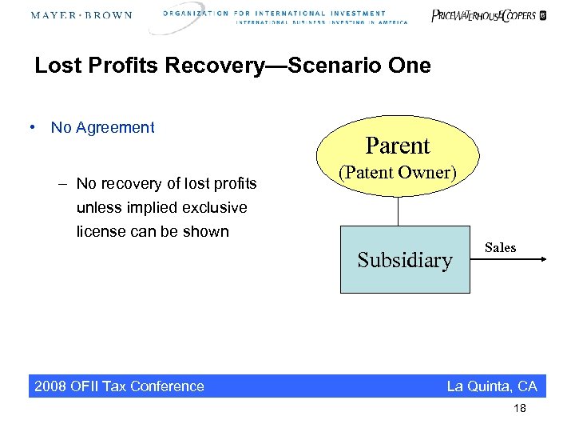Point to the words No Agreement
pyautogui.click(x=102, y=127)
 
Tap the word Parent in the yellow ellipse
pyautogui.click(x=398, y=146)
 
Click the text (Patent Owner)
pyautogui.click(x=397, y=173)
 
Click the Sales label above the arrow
pyautogui.click(x=500, y=248)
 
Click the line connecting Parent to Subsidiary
pyautogui.click(x=398, y=212)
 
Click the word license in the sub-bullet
pyautogui.click(x=100, y=232)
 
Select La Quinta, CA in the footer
pyautogui.click(x=492, y=386)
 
